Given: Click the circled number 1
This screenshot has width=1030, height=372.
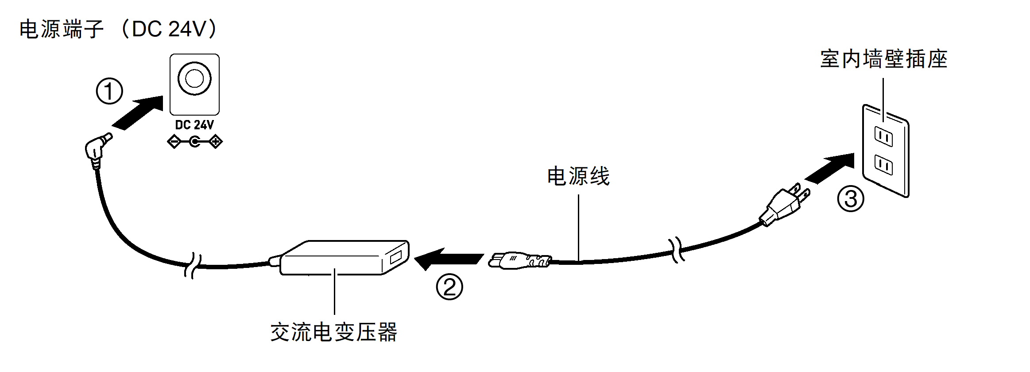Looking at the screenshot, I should (109, 91).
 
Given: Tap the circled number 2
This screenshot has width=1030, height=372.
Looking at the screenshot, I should (449, 287).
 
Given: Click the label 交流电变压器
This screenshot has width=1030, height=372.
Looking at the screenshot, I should (334, 332).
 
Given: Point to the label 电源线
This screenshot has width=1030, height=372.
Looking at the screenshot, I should (578, 176).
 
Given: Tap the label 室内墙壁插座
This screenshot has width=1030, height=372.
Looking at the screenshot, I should (883, 59).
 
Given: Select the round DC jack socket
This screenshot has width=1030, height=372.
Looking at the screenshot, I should (194, 79).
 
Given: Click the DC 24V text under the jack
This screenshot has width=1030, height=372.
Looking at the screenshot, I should (194, 125).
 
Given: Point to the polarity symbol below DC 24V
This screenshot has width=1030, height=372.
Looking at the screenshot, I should (194, 142).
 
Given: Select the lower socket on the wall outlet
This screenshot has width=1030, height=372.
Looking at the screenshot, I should (883, 165).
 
